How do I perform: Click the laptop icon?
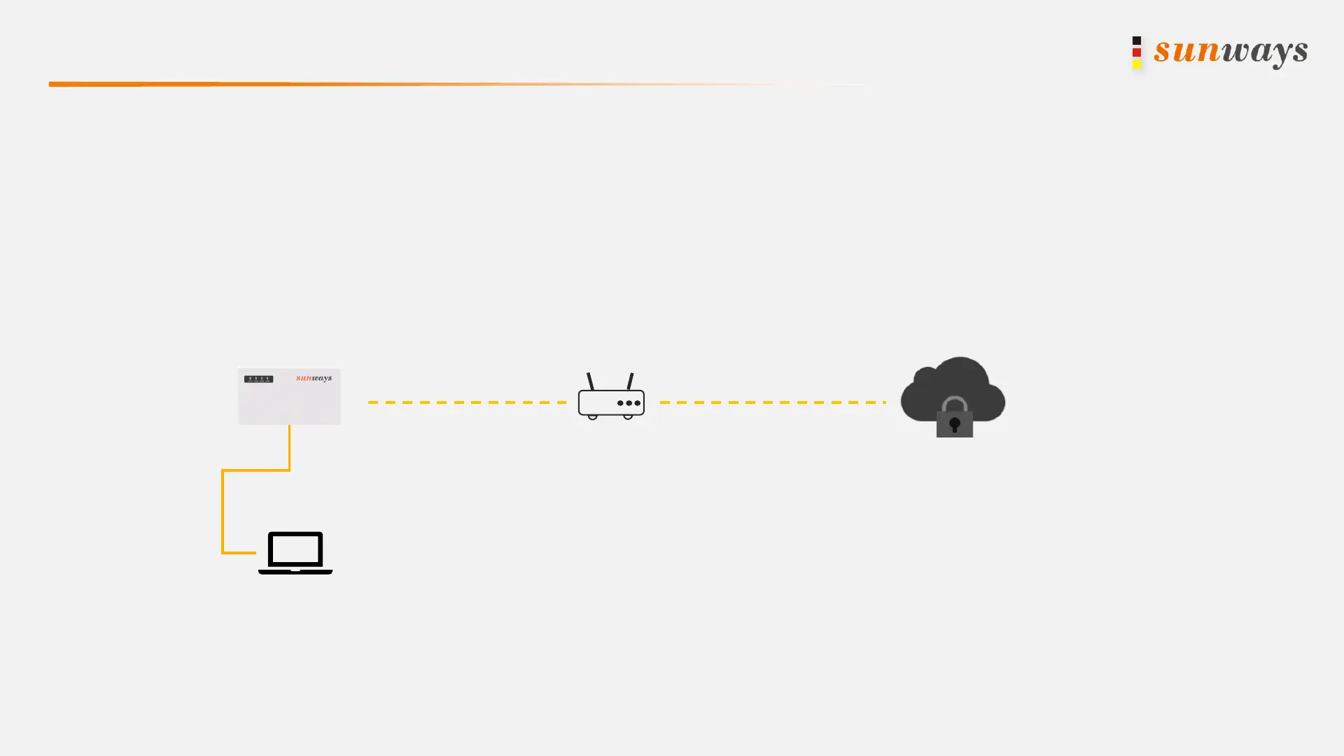295,553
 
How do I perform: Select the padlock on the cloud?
954,419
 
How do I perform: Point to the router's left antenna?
590,381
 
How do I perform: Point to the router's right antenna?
631,381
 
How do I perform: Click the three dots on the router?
629,403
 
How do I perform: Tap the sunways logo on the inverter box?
314,378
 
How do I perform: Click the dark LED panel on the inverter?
258,379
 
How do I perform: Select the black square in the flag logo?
1137,41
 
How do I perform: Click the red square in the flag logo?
1137,52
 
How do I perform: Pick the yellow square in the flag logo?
1137,64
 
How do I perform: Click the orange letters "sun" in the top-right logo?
1187,51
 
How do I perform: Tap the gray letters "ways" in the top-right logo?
1265,52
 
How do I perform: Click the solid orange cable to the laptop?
223,511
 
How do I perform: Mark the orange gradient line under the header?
280,84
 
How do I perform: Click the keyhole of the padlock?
954,424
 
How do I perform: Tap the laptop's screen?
295,549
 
